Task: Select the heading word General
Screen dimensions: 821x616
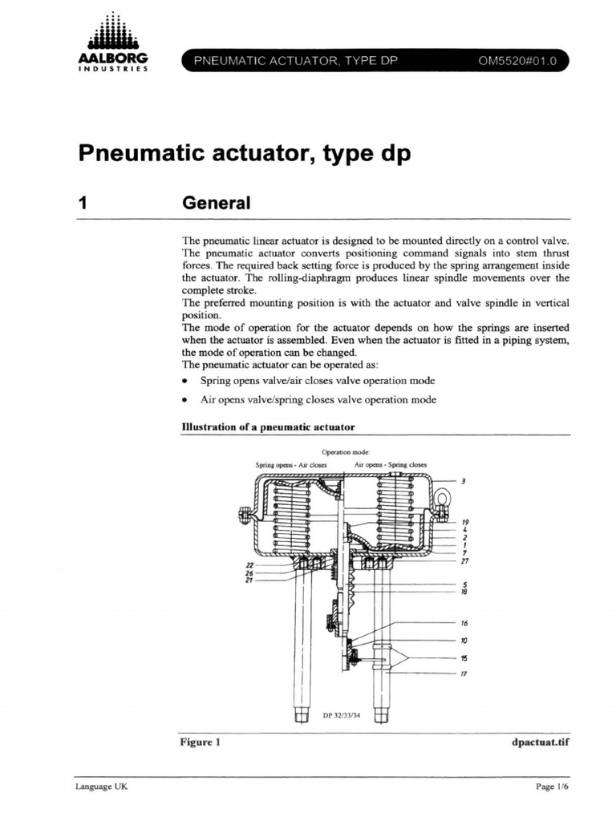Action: pyautogui.click(x=217, y=204)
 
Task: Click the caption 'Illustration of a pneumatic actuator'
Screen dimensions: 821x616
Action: pyautogui.click(x=269, y=427)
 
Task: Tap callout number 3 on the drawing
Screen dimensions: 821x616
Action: pyautogui.click(x=463, y=482)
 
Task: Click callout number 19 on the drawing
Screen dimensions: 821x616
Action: pyautogui.click(x=464, y=521)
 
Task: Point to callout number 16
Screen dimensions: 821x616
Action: pyautogui.click(x=464, y=623)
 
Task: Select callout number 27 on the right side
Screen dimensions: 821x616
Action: pyautogui.click(x=464, y=561)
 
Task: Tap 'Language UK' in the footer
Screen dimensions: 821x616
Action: pyautogui.click(x=101, y=787)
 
